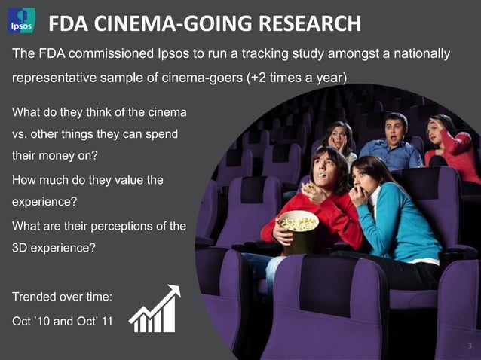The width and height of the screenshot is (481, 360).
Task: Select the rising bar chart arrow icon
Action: click(155, 310)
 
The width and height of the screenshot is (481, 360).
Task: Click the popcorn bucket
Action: click(298, 230)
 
